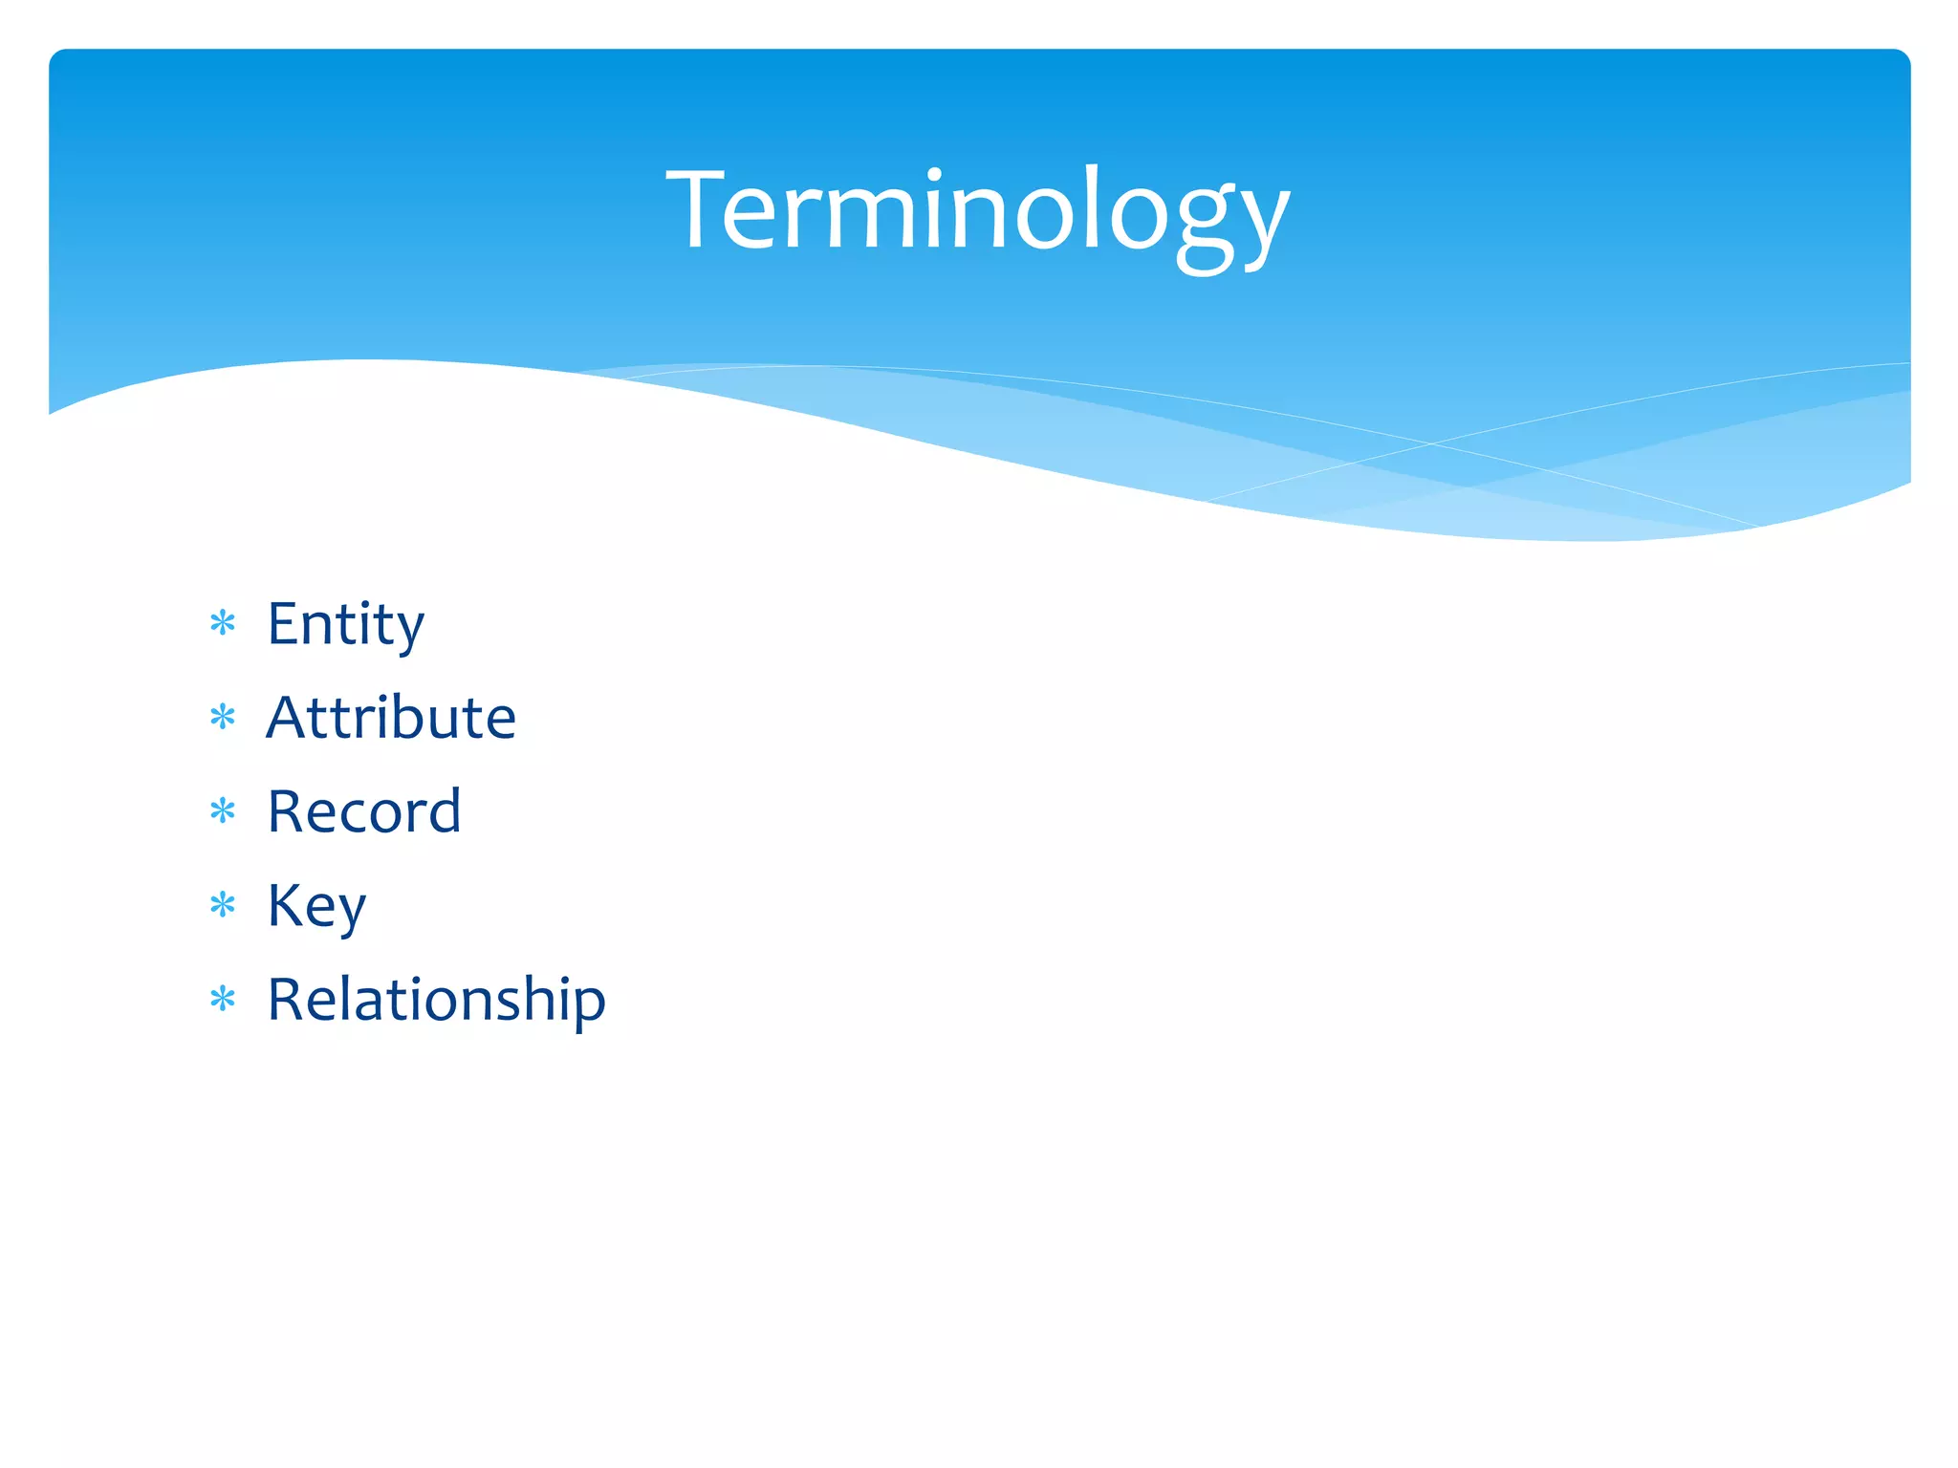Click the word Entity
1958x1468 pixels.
point(345,624)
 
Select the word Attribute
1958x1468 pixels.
point(391,718)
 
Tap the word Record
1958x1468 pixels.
point(364,811)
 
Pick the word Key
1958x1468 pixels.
point(316,905)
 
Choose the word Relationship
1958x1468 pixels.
point(436,1000)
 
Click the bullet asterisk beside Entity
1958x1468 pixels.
point(223,624)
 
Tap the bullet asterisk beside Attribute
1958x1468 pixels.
point(223,718)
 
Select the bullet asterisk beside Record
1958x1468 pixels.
point(223,811)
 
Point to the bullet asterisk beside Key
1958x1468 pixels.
point(223,905)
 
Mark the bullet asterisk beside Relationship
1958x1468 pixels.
point(223,1000)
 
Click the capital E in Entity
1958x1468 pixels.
point(284,623)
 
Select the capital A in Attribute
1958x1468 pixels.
point(291,717)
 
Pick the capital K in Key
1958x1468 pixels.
point(286,904)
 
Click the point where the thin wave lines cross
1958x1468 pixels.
point(1431,443)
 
